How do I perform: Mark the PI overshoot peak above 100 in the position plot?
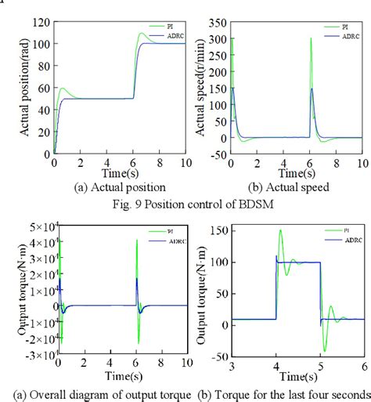142,34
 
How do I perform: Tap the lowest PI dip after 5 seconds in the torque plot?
325,351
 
